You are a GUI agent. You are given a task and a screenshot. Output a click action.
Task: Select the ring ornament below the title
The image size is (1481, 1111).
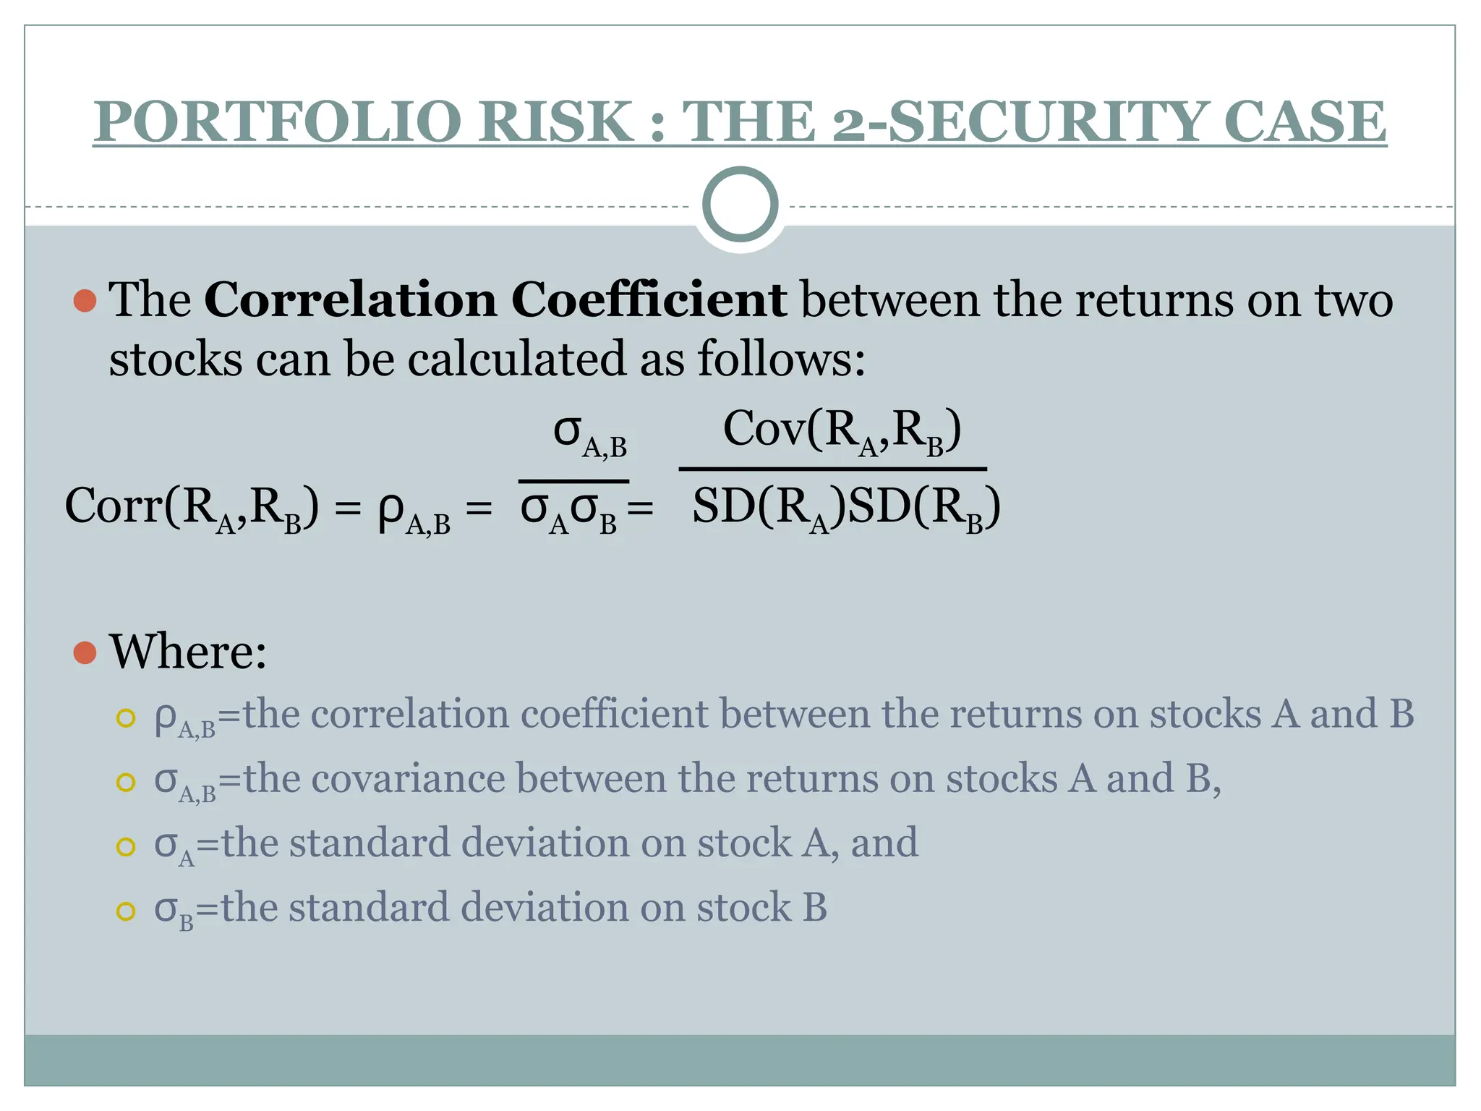[x=740, y=205]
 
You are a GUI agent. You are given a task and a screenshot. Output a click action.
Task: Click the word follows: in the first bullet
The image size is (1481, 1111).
[x=781, y=359]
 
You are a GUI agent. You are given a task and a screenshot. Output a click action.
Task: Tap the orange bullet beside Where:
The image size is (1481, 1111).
[x=85, y=652]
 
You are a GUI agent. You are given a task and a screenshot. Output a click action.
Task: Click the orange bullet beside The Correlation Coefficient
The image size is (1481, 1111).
[x=85, y=301]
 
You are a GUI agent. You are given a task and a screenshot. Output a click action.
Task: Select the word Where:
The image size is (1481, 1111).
[x=188, y=652]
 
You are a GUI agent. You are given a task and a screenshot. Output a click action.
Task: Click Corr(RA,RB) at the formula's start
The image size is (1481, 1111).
[x=192, y=508]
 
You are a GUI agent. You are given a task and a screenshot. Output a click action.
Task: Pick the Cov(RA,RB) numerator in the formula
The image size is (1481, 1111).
[x=842, y=432]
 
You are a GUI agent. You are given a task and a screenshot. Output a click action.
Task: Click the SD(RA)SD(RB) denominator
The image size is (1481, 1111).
[x=846, y=508]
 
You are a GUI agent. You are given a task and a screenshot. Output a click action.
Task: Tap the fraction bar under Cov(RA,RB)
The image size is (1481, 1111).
[x=832, y=469]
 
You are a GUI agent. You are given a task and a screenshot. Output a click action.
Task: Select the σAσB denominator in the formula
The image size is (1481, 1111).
[x=570, y=511]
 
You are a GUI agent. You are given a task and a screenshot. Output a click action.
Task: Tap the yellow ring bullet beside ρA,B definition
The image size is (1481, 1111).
[x=126, y=718]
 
